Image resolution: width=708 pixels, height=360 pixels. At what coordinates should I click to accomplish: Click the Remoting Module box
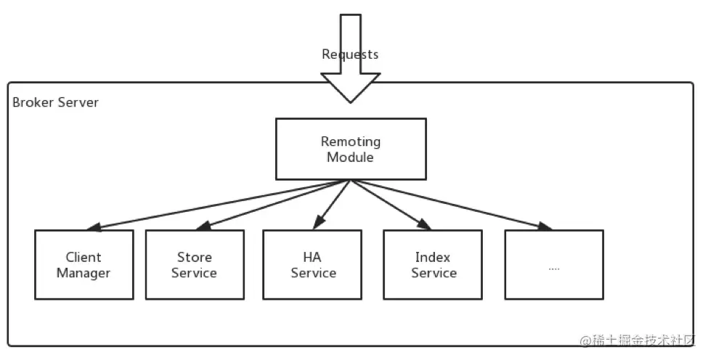point(351,149)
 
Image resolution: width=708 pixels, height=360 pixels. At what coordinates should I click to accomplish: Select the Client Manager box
point(84,264)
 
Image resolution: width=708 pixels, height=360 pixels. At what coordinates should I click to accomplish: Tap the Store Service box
point(195,264)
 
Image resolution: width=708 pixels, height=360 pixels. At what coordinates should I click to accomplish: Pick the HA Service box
point(312,264)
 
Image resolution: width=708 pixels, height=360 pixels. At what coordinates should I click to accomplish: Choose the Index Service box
point(433,264)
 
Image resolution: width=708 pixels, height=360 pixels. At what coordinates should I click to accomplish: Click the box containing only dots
point(554,264)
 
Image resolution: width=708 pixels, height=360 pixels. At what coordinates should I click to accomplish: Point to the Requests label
point(350,54)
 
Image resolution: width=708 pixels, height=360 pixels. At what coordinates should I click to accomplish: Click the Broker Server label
point(55,102)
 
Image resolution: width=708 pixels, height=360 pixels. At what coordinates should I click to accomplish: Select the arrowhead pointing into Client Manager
point(94,227)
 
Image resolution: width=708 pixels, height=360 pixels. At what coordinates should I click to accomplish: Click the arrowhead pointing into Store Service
point(203,226)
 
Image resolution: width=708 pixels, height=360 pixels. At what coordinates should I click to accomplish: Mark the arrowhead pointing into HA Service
point(319,222)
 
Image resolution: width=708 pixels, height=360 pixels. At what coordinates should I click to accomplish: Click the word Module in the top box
point(351,157)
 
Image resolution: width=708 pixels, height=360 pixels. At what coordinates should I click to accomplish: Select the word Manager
point(84,273)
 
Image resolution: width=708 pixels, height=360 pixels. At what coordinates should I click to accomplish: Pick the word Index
point(433,257)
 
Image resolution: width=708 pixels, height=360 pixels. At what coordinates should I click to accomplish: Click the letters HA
point(312,257)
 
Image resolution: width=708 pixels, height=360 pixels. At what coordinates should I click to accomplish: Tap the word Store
point(194,257)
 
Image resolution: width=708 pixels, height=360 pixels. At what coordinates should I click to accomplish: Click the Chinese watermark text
point(638,340)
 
